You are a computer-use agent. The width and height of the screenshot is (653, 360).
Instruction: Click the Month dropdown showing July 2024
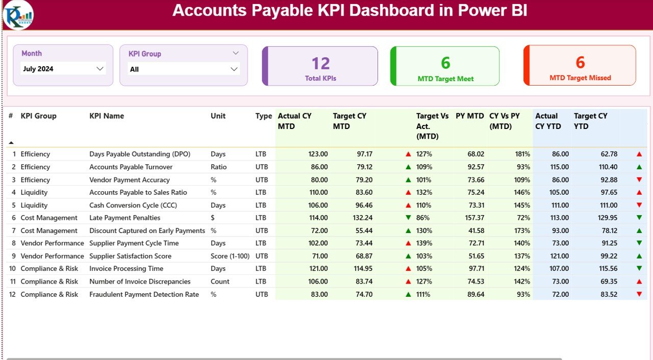(63, 69)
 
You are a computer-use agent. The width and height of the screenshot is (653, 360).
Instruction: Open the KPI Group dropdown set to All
(184, 69)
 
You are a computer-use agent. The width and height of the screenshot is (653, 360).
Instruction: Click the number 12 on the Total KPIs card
(320, 63)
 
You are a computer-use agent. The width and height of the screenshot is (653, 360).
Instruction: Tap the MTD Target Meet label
(445, 79)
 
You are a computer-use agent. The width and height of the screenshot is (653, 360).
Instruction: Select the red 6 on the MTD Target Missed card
(580, 62)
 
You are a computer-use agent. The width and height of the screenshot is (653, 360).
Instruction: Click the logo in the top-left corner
(18, 15)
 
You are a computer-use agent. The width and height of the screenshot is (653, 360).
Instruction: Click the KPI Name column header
(107, 116)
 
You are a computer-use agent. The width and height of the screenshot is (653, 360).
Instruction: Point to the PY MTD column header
(469, 116)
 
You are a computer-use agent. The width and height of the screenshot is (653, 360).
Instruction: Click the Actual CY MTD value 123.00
(318, 154)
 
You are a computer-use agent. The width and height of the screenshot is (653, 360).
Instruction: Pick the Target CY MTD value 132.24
(362, 218)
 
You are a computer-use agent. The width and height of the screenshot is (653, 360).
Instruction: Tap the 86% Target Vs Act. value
(423, 218)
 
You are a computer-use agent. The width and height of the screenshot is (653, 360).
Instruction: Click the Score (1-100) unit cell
(230, 256)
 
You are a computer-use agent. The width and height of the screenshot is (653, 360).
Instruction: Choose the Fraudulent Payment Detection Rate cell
(144, 294)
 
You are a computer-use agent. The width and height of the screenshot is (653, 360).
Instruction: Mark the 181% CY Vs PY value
(522, 154)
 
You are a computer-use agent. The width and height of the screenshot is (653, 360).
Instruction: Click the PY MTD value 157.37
(473, 218)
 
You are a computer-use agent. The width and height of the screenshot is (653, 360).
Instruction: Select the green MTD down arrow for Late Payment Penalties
(408, 218)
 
